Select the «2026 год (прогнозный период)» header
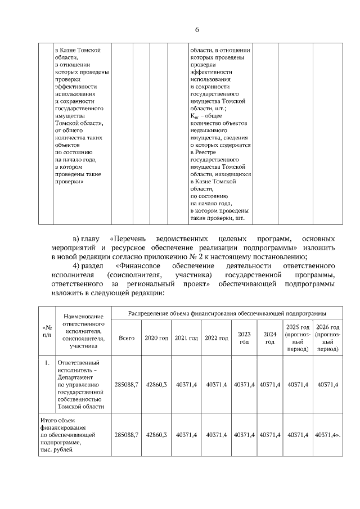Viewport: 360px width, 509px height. pos(327,337)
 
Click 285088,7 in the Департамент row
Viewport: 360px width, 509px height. pos(127,385)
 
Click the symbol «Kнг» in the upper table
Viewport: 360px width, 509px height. pos(196,116)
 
